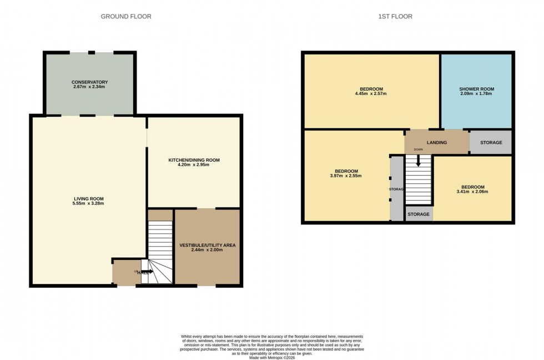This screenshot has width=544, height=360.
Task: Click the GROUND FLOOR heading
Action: coord(126,17)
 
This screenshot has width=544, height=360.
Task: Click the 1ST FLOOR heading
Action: coord(395,17)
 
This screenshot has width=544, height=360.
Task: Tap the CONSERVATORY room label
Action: coord(89,82)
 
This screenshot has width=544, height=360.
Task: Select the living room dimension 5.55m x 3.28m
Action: coord(88,204)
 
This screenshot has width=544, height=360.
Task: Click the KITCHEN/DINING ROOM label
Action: coord(194,160)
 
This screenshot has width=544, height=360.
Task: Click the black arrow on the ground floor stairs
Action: coord(148,272)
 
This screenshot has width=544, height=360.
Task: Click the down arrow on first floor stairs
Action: coord(418,162)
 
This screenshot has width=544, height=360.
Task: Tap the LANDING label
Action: coord(436,143)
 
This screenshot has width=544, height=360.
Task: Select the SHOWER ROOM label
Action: coord(476,89)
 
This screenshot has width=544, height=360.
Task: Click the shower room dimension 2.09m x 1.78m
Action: coord(476,94)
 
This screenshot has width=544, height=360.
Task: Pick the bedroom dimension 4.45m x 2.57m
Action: coord(371,94)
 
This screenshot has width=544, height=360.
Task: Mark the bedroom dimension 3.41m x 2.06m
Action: coord(472,192)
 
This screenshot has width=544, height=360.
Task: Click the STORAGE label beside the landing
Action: coord(491,143)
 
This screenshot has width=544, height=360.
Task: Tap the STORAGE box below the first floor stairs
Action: coord(419,214)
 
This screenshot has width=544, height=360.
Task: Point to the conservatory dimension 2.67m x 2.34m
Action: coord(89,87)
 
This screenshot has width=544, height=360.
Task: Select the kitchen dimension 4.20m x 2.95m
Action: coord(194,165)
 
